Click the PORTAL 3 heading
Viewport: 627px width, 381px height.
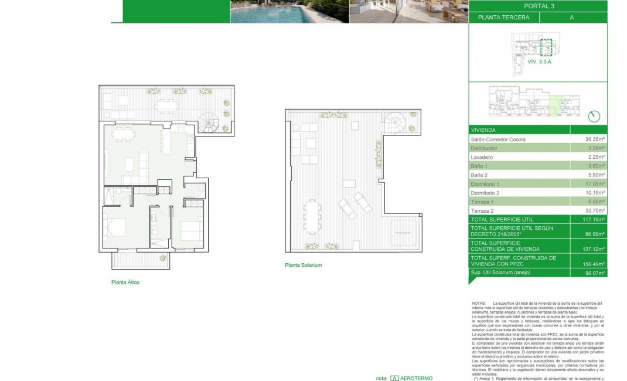point(537,6)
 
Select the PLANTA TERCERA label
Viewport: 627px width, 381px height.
point(503,18)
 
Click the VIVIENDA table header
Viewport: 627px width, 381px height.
point(483,130)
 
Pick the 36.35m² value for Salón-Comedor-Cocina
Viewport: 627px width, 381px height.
point(595,140)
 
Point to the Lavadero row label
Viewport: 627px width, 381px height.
point(482,157)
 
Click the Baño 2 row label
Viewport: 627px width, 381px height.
point(481,175)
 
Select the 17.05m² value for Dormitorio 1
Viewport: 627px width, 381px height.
point(595,184)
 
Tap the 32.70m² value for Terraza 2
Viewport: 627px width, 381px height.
point(595,210)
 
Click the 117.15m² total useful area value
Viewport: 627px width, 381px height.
point(594,219)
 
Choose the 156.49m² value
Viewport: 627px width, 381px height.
point(594,263)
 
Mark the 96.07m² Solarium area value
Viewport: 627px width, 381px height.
point(594,273)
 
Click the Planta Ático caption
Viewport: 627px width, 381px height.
point(125,282)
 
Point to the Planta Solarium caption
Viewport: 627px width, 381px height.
point(303,265)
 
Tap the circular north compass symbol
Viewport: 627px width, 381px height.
point(594,116)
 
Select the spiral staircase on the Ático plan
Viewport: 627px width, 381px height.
point(209,123)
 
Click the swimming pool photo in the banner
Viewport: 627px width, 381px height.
point(289,12)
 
